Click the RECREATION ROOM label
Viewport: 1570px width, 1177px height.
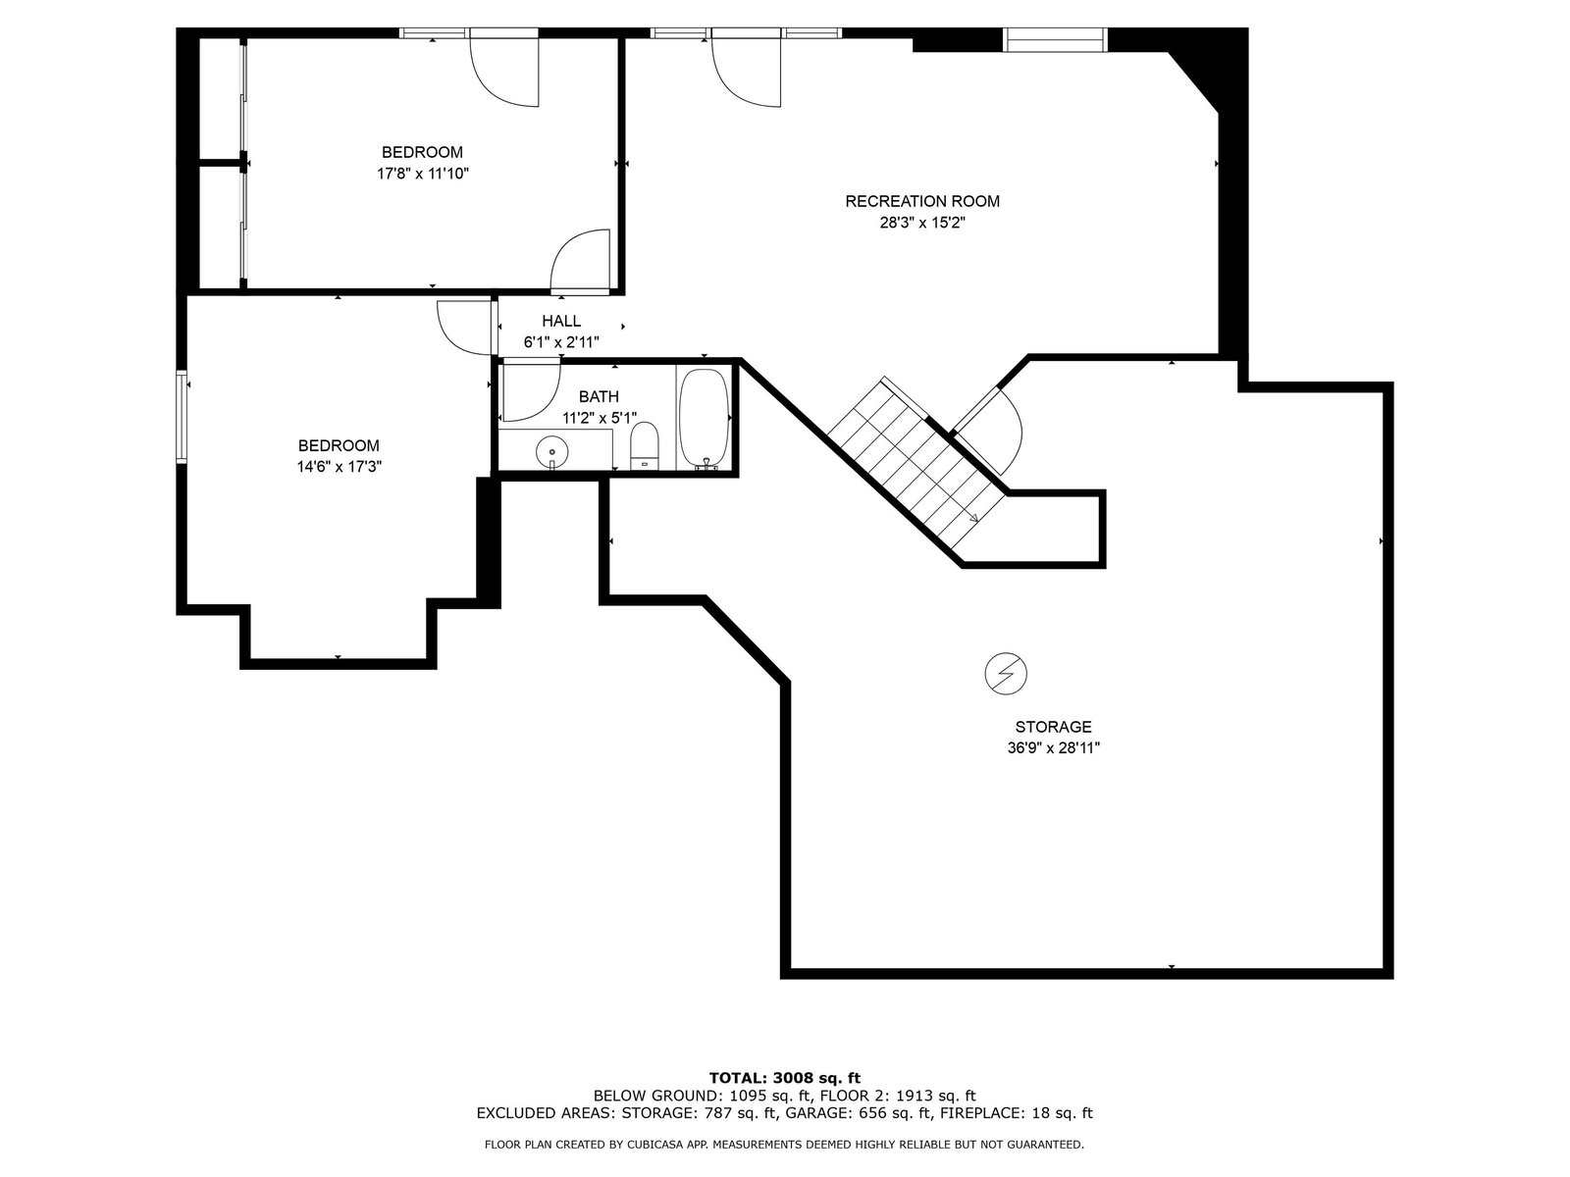click(x=922, y=201)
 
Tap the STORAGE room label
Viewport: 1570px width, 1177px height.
click(x=1053, y=727)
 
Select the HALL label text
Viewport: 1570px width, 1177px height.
click(x=560, y=321)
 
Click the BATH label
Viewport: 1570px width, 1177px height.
click(x=599, y=396)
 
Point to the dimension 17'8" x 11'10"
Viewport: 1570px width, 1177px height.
click(x=423, y=174)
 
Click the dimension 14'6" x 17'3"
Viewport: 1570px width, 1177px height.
click(x=340, y=467)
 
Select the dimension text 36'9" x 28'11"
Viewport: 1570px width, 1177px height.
click(x=1053, y=748)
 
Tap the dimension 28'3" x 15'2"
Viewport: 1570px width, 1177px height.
click(x=922, y=223)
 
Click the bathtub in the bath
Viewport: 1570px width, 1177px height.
click(x=704, y=419)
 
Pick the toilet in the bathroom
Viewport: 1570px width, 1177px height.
click(x=645, y=445)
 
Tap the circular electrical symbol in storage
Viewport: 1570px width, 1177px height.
click(x=1006, y=673)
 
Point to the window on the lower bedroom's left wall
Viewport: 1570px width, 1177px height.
click(x=182, y=418)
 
